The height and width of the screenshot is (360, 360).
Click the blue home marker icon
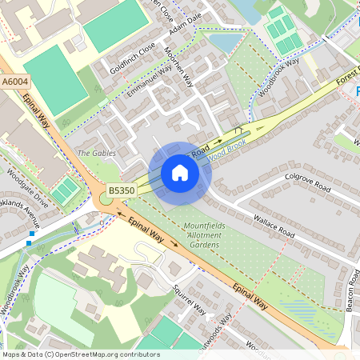coord(180,173)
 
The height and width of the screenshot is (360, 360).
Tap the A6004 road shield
coord(14,82)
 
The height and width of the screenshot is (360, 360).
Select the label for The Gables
coord(96,153)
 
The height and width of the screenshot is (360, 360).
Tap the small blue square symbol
coord(30,243)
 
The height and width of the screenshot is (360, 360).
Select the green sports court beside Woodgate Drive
coord(64,190)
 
